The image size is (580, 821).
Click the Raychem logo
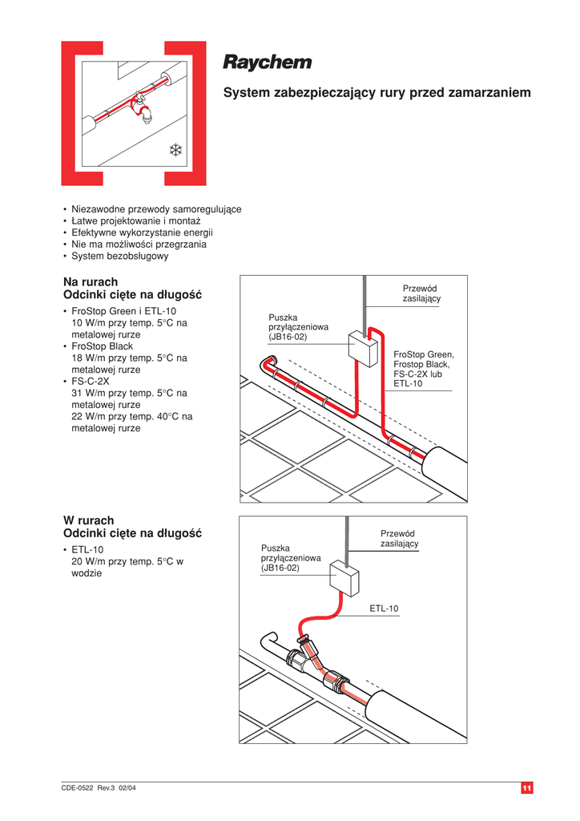267,63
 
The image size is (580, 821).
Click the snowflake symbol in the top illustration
175,149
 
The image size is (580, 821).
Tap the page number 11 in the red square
526,789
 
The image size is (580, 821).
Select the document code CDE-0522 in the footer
79,789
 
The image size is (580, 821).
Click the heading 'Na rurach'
91,281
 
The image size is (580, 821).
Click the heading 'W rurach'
88,520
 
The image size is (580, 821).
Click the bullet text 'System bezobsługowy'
120,256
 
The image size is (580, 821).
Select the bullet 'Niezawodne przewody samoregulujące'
156,208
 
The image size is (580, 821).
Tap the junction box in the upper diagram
363,349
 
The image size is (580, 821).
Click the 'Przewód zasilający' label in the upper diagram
421,293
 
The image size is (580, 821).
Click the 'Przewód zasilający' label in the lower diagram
400,538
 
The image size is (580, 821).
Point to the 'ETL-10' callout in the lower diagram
384,609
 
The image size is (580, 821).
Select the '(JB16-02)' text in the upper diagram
288,338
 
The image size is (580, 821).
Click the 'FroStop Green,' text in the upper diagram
424,354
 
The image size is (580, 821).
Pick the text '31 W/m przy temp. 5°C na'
129,393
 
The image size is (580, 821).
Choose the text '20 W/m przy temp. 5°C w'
127,561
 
